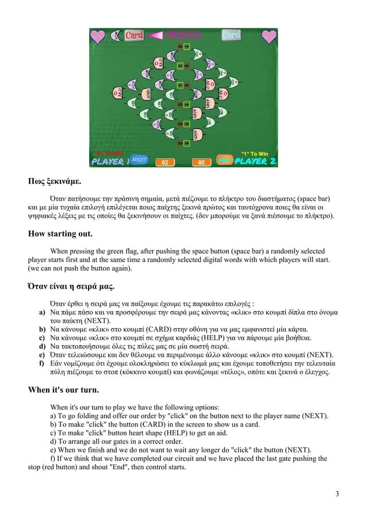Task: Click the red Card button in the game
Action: (x=134, y=35)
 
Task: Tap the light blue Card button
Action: (x=231, y=35)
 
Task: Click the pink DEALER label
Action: (x=180, y=35)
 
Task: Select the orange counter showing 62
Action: (x=165, y=163)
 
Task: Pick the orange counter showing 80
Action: (x=201, y=163)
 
